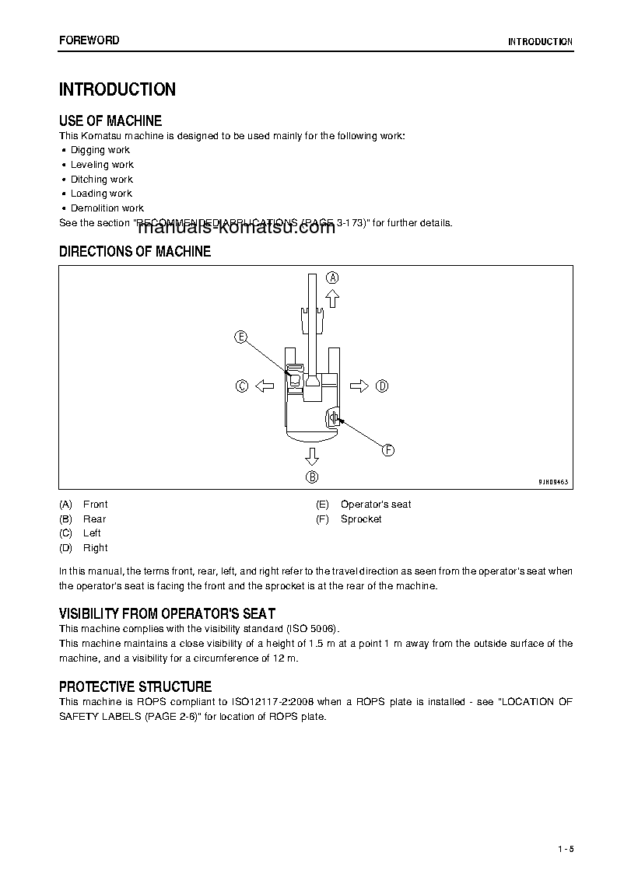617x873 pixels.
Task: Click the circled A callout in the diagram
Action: click(x=332, y=278)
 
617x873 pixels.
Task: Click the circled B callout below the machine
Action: click(x=311, y=477)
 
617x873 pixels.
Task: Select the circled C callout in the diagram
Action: click(x=242, y=386)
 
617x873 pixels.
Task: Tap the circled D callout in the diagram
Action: click(x=381, y=386)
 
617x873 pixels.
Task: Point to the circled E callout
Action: click(x=241, y=337)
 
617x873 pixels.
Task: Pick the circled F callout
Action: click(x=387, y=449)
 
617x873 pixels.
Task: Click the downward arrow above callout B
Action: click(x=311, y=456)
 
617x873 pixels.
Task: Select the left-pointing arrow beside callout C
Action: click(x=265, y=386)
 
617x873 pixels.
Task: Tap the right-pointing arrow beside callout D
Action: click(x=359, y=386)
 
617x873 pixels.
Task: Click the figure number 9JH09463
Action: click(x=553, y=482)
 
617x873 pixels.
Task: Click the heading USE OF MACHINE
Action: click(x=110, y=121)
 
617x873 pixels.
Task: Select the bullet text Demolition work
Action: click(x=107, y=208)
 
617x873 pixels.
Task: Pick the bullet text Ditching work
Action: click(x=102, y=179)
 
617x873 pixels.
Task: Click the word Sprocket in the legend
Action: click(x=361, y=519)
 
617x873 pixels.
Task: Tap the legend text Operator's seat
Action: click(x=376, y=505)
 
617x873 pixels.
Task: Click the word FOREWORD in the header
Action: click(x=89, y=40)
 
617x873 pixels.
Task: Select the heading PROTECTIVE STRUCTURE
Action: click(x=135, y=687)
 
